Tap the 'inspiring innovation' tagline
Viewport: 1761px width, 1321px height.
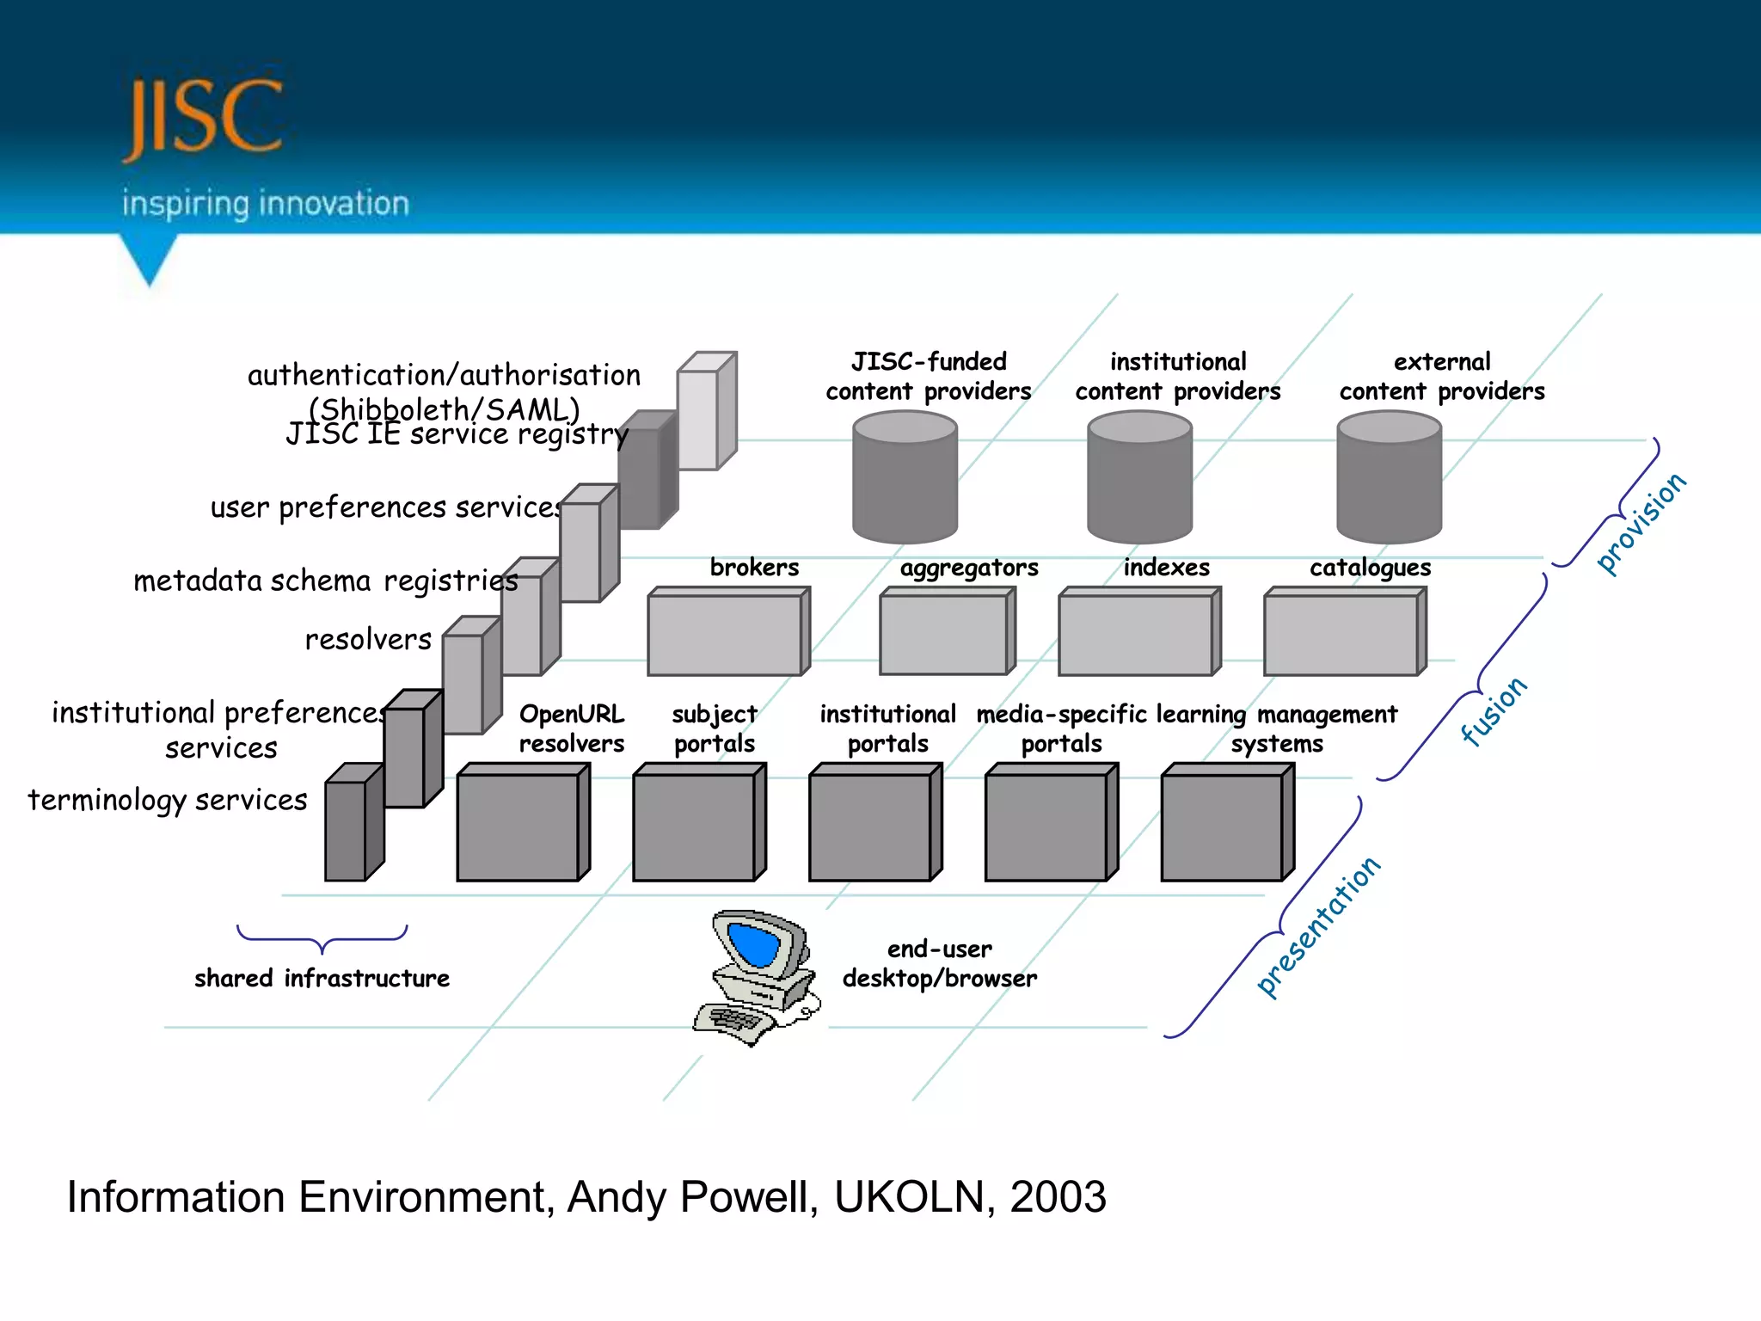tap(265, 204)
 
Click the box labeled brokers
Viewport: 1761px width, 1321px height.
tap(727, 634)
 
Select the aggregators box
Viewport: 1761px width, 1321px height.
tap(944, 634)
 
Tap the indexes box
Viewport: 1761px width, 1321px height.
tap(1137, 634)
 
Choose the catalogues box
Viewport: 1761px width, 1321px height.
tap(1341, 634)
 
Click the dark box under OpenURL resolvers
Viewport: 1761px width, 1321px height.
tap(519, 826)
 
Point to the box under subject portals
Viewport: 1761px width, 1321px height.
tap(696, 826)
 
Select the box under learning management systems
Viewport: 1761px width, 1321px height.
tap(1224, 826)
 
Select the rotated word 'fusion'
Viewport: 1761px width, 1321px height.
tap(1494, 710)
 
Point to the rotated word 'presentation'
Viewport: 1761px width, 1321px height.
tap(1318, 927)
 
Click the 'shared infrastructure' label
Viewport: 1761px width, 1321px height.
tap(322, 979)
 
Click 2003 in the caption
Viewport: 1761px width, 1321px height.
tap(1058, 1197)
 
